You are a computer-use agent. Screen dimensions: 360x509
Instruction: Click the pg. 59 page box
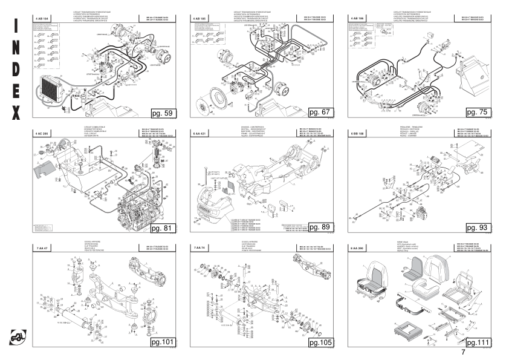163,113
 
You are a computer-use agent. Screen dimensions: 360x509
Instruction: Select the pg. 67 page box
321,113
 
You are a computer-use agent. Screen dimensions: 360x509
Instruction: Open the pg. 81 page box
163,228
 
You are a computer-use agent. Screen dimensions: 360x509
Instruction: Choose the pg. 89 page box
321,227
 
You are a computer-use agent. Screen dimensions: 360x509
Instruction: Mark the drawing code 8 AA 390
358,248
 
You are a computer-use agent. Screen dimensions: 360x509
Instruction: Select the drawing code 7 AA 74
199,248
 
